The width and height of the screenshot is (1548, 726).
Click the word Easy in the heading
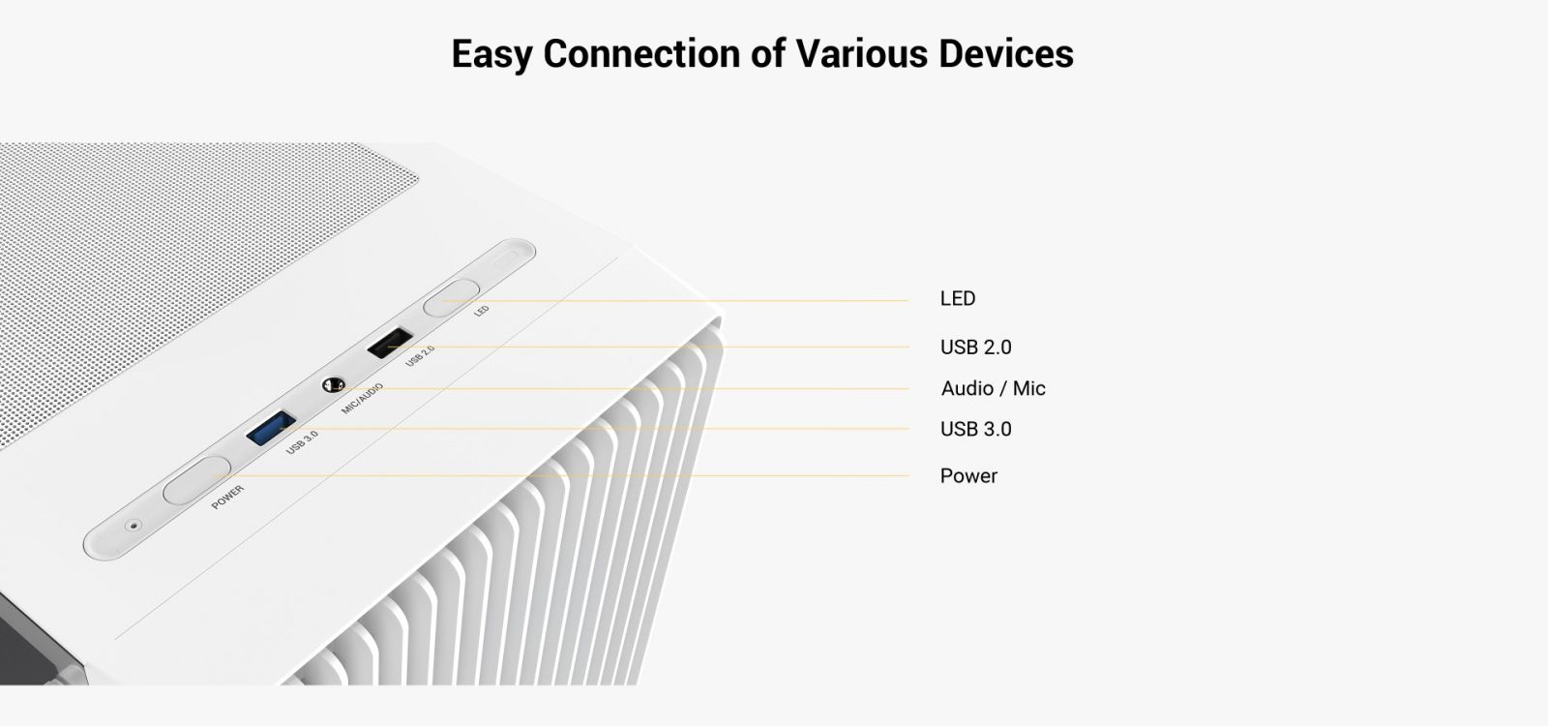click(492, 55)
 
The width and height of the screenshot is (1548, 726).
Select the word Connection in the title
click(641, 54)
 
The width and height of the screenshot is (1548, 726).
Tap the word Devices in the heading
click(1006, 54)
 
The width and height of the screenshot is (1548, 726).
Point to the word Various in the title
click(861, 54)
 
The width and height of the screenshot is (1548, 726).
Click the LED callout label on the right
click(958, 299)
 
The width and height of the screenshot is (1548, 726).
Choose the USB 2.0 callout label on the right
click(976, 348)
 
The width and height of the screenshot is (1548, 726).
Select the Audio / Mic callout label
click(993, 388)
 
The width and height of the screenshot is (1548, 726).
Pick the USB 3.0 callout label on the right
click(976, 430)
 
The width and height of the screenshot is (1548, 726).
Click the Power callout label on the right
click(968, 476)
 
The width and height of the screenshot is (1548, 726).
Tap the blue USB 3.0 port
click(271, 429)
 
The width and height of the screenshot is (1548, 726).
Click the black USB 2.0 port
click(390, 343)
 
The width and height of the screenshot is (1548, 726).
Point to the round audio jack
click(333, 385)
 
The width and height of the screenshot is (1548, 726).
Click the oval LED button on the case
click(451, 299)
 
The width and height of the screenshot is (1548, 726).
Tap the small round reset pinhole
click(134, 527)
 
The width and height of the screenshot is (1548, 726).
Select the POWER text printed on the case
click(227, 498)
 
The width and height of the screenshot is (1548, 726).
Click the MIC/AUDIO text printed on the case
click(362, 398)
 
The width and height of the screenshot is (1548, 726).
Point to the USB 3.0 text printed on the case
click(302, 441)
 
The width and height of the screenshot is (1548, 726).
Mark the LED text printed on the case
click(482, 311)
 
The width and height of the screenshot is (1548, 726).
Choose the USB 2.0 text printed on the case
click(420, 355)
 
